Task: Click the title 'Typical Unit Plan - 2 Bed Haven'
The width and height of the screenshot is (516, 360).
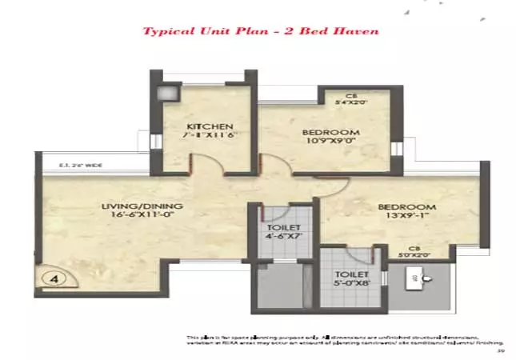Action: [260, 32]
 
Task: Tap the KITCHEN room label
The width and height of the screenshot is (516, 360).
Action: [210, 127]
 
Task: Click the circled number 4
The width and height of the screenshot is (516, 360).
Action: [52, 279]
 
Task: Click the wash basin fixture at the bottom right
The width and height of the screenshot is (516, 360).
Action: [422, 281]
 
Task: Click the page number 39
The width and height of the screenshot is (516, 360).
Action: [499, 350]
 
